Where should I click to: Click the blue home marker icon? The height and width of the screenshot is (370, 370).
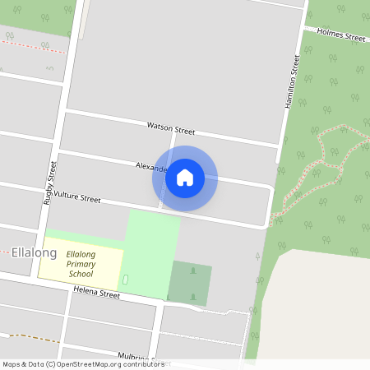[185, 178]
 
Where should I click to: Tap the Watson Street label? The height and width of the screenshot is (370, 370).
[170, 128]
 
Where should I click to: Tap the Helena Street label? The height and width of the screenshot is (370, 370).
[96, 293]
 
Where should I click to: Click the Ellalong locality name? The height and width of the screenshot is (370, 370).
[34, 252]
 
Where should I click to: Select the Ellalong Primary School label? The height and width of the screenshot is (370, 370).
[81, 264]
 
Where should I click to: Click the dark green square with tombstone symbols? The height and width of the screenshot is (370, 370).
[190, 284]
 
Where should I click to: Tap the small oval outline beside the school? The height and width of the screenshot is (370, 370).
[125, 280]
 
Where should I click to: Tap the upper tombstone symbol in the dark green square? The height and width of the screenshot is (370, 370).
[193, 271]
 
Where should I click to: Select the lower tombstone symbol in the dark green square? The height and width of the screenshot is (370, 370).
[193, 295]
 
